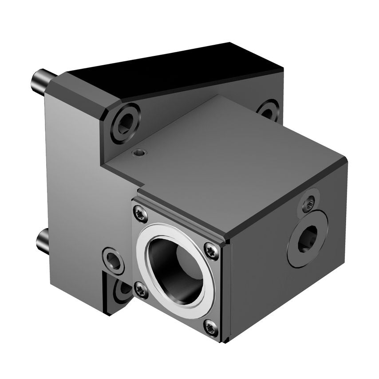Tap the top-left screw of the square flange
point(140,214)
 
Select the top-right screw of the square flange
point(212,251)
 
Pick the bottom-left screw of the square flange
point(141,291)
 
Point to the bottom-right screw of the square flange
point(211,328)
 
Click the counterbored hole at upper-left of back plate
point(125,121)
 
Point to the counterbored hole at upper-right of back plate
point(269,111)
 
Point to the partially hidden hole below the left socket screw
point(122,291)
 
